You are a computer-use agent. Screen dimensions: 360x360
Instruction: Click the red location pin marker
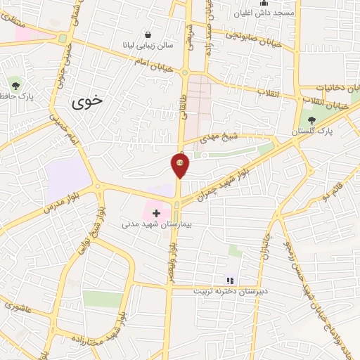click(180, 164)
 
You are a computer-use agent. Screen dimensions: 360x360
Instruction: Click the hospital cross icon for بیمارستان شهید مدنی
click(156, 212)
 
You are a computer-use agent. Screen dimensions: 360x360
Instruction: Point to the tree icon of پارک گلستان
click(312, 120)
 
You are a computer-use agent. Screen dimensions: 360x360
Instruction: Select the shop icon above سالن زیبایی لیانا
click(148, 34)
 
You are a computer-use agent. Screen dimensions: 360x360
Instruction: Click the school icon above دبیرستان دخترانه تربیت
click(229, 280)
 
